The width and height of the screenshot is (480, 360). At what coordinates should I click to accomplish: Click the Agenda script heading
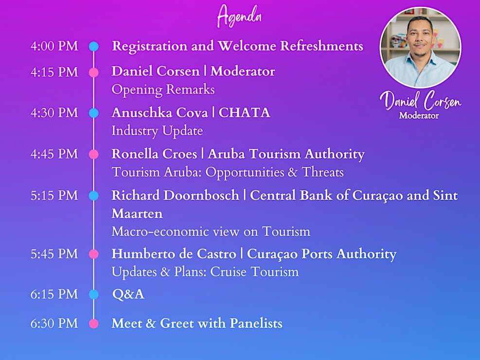point(239,16)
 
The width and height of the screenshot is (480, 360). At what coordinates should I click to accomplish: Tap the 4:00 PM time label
point(54,46)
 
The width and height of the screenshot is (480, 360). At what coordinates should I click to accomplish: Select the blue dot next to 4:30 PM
point(94,113)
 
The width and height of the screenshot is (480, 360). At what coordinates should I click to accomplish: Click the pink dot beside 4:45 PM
point(94,154)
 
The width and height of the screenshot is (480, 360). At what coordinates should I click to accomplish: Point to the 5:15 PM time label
point(54,196)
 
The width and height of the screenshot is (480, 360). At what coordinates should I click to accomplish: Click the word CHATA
point(244,113)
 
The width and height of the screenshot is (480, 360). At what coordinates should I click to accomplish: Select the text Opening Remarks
point(163,90)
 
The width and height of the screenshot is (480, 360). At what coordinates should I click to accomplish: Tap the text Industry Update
point(158,131)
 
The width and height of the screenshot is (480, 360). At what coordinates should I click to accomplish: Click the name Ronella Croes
point(154,154)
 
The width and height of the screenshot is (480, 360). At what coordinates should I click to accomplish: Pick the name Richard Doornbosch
point(176,196)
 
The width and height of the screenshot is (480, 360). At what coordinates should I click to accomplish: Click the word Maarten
point(137,214)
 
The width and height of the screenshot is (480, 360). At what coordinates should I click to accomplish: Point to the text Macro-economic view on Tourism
point(211,232)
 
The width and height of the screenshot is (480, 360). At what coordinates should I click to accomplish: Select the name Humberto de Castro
point(174,254)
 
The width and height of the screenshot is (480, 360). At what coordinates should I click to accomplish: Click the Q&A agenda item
point(128,294)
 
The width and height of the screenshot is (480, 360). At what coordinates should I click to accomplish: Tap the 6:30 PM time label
point(54,324)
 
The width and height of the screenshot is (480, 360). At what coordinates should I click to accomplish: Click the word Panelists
point(256,324)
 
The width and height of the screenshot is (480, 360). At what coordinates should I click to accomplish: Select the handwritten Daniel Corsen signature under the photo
point(420,100)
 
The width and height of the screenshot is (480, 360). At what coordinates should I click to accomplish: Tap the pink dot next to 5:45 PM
point(94,254)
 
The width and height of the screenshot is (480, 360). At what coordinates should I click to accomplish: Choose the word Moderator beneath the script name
point(419,116)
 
